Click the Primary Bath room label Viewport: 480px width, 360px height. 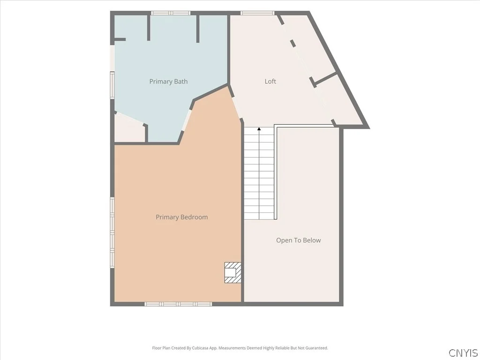coord(168,82)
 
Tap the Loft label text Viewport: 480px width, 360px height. coord(270,81)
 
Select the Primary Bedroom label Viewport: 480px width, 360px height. coord(182,217)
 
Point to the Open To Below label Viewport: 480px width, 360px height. coord(299,240)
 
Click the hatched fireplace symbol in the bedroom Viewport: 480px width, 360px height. coord(232,272)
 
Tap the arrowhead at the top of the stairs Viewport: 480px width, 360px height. coord(259,129)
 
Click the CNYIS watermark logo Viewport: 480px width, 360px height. coord(463,352)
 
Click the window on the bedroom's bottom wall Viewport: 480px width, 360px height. coord(178,304)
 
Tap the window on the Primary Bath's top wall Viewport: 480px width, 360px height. coord(171,13)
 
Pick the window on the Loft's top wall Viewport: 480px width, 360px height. coord(257,13)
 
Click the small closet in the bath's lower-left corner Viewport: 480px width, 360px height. coord(129,128)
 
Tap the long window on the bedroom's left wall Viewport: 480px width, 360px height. coord(112,232)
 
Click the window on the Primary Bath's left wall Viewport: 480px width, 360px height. coord(112,85)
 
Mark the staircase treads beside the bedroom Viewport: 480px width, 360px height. coord(259,173)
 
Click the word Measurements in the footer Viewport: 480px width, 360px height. coord(232,348)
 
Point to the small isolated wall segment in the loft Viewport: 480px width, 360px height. coord(292,43)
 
